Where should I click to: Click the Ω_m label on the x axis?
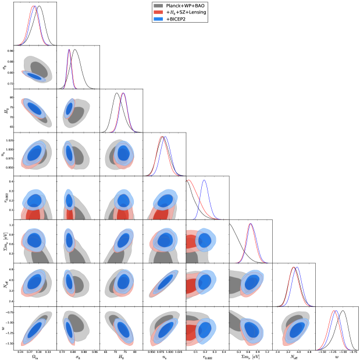tap(34, 357)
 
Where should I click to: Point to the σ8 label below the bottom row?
tap(77, 357)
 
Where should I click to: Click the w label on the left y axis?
tap(4, 328)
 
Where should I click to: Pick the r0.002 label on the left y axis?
tap(4, 198)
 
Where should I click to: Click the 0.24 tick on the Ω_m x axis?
tap(21, 351)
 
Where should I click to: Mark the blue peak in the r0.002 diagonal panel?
tap(204, 180)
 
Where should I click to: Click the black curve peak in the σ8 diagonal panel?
tap(75, 49)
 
